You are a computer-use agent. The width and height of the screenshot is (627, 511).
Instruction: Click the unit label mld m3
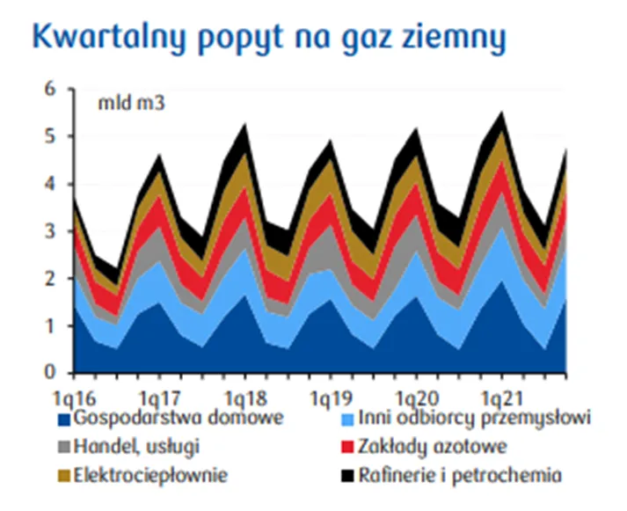point(131,103)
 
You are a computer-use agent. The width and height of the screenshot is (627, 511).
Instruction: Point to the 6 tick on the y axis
point(49,89)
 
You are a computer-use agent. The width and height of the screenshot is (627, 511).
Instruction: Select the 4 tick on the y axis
point(49,184)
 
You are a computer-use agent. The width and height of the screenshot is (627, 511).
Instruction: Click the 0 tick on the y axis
point(49,372)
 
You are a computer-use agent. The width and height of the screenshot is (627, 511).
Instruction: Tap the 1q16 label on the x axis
point(75,398)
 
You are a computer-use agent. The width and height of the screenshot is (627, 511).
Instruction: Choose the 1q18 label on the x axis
point(245,398)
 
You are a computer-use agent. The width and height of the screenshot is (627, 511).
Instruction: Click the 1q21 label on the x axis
point(502,398)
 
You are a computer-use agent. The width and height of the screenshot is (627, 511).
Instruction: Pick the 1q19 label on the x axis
point(332,398)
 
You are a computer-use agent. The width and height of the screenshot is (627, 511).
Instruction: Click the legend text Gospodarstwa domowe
point(179,419)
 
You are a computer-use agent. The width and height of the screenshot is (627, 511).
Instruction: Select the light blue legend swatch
point(347,420)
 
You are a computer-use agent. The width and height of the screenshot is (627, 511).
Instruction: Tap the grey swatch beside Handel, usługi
point(64,448)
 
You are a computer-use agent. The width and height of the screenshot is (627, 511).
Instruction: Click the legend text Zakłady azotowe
point(433,446)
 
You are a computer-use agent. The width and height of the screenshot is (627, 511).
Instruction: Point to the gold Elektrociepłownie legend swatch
point(64,476)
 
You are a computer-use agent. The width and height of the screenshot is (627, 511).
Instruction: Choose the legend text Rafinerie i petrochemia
point(460,475)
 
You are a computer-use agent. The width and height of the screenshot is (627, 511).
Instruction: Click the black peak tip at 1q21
point(502,112)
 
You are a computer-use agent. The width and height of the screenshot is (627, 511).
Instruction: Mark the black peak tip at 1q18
point(245,124)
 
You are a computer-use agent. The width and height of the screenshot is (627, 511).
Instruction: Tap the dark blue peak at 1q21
point(502,281)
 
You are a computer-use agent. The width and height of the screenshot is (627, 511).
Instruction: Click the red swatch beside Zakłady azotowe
point(347,448)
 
